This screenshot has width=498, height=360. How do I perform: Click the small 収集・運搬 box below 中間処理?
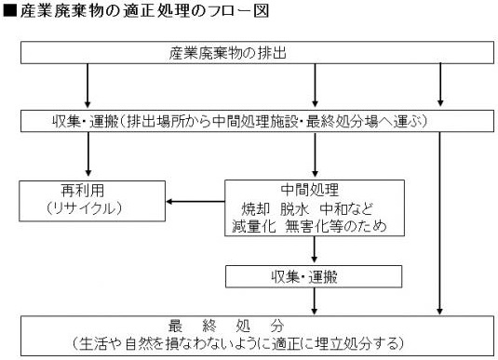316,276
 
